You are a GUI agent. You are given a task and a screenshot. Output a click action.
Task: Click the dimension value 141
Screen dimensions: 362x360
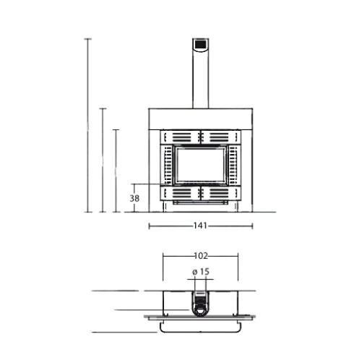pos(200,226)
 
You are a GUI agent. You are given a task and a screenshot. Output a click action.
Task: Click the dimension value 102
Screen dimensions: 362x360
pos(201,256)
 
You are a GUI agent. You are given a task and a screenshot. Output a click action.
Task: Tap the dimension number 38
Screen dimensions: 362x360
pos(134,198)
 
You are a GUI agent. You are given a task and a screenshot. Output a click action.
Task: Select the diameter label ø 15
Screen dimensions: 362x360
pos(201,272)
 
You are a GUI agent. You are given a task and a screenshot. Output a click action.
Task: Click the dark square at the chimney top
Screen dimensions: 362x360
pos(200,44)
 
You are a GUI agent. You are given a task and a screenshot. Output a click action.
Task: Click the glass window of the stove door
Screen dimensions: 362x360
pos(200,165)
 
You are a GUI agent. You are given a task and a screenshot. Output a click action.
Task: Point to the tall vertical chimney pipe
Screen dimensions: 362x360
pos(200,73)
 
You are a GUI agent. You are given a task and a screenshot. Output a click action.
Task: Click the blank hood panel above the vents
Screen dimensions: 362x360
pos(200,119)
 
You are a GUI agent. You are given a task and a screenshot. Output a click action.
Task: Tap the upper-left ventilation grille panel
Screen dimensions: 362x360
pos(180,137)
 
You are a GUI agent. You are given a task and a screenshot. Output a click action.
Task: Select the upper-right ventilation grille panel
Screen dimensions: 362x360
pos(221,137)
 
